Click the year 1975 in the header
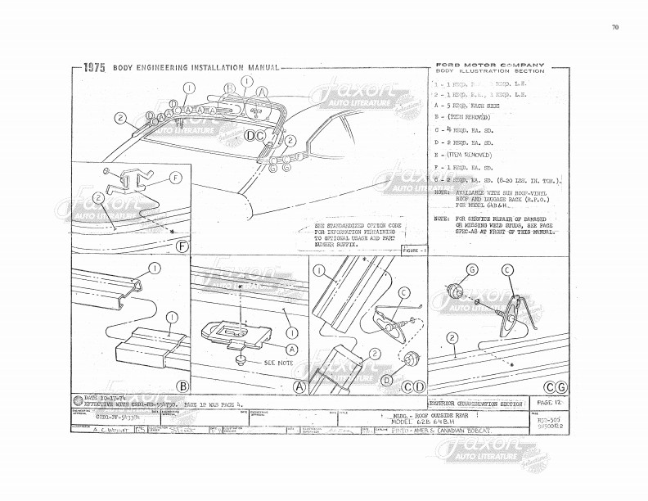pyautogui.click(x=93, y=68)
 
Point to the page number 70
pyautogui.click(x=614, y=27)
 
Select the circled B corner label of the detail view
pyautogui.click(x=182, y=386)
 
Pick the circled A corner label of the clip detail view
pyautogui.click(x=299, y=386)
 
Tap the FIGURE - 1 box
pyautogui.click(x=416, y=249)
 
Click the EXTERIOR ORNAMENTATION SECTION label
pyautogui.click(x=476, y=404)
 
